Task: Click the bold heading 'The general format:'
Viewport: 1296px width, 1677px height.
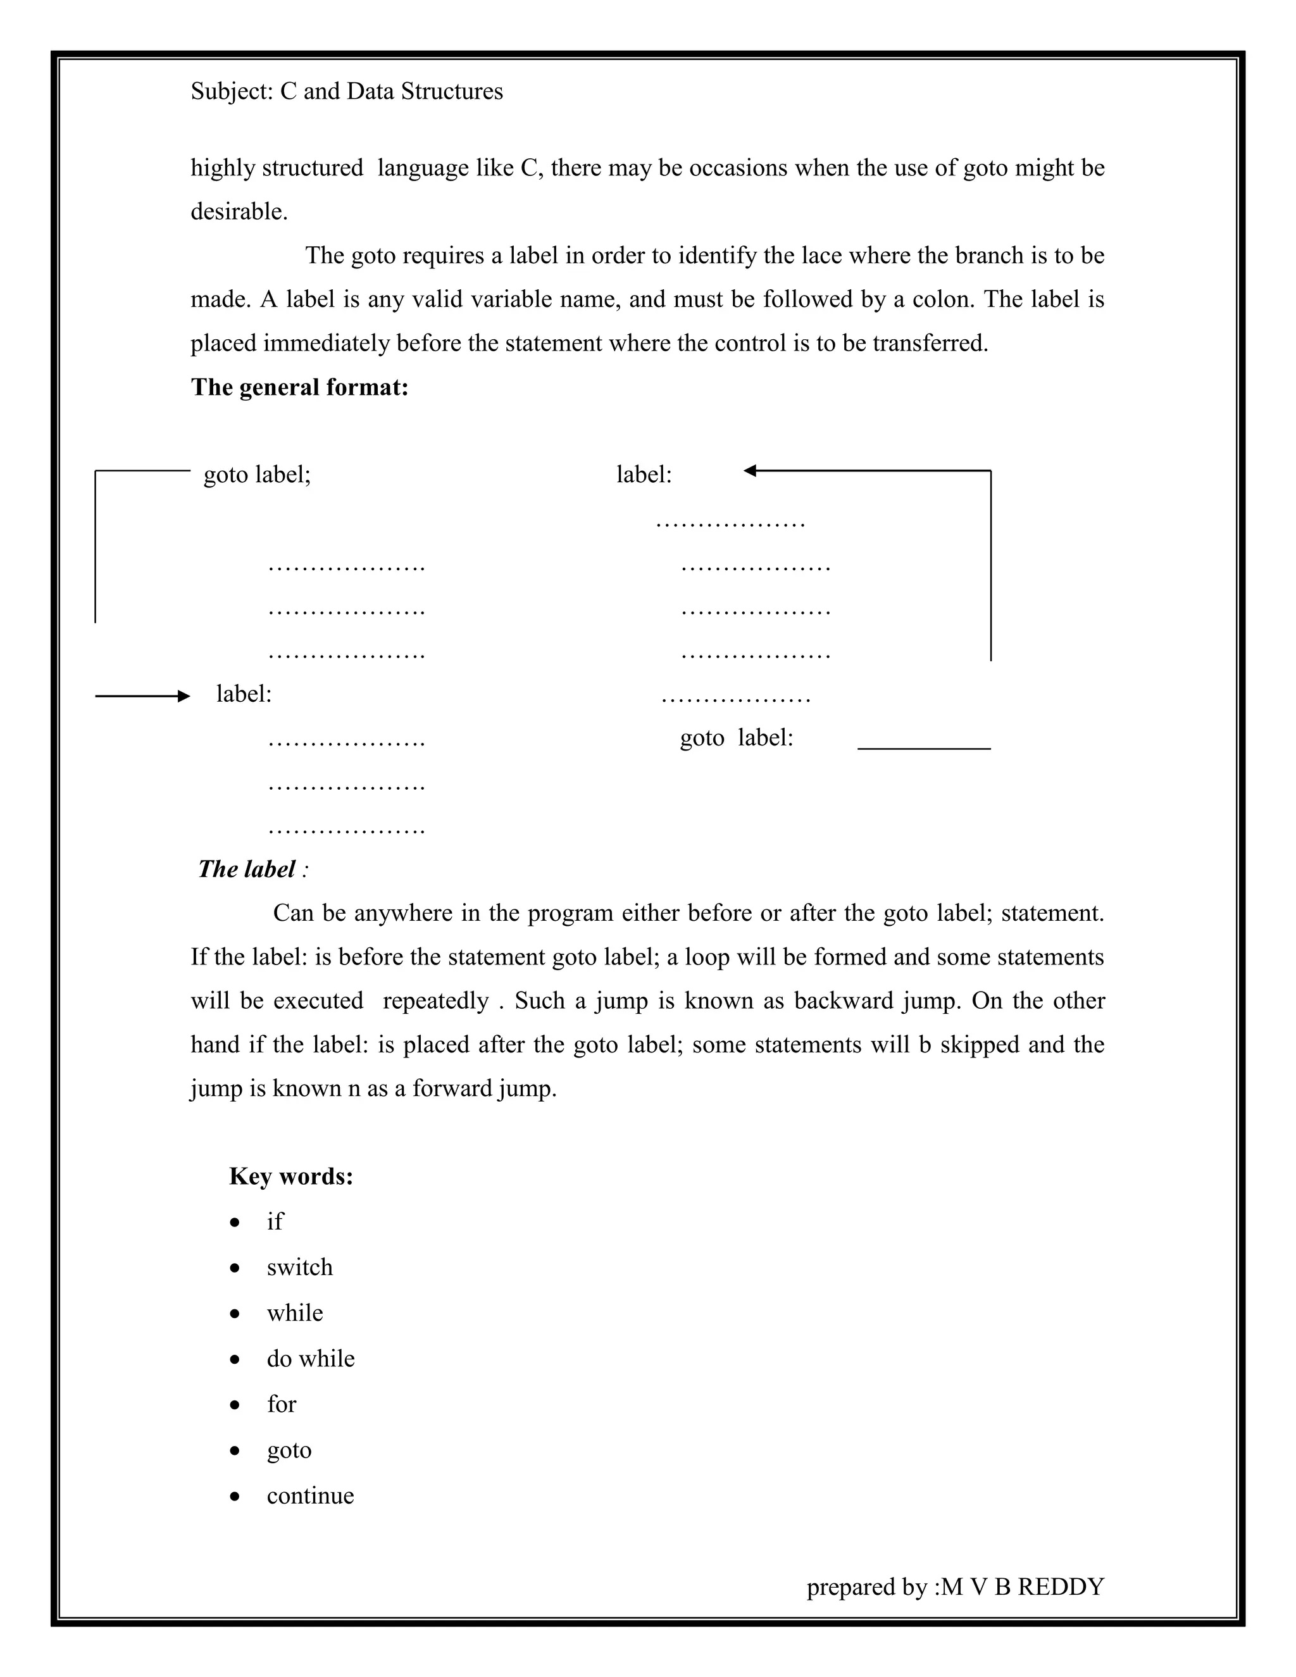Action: pyautogui.click(x=299, y=387)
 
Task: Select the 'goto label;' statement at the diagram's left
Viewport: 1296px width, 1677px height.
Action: pyautogui.click(x=257, y=475)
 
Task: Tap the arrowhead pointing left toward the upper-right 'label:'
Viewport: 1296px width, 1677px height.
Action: pyautogui.click(x=750, y=471)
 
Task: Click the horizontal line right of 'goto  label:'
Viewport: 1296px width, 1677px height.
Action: pyautogui.click(x=924, y=748)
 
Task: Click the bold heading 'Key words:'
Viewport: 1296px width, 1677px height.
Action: pyautogui.click(x=291, y=1176)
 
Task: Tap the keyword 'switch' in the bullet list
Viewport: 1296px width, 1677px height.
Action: pyautogui.click(x=299, y=1268)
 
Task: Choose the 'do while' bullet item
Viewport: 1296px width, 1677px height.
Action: pyautogui.click(x=310, y=1359)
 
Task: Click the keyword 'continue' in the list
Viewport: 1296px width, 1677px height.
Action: pyautogui.click(x=310, y=1496)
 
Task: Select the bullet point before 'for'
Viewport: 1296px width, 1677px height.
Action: pyautogui.click(x=235, y=1405)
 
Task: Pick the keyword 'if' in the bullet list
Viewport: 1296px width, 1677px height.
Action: pyautogui.click(x=274, y=1221)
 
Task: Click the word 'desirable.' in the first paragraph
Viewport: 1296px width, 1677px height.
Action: pyautogui.click(x=239, y=212)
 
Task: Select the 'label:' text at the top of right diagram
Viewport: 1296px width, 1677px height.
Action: pyautogui.click(x=644, y=475)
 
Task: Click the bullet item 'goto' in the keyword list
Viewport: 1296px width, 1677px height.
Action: pyautogui.click(x=289, y=1450)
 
